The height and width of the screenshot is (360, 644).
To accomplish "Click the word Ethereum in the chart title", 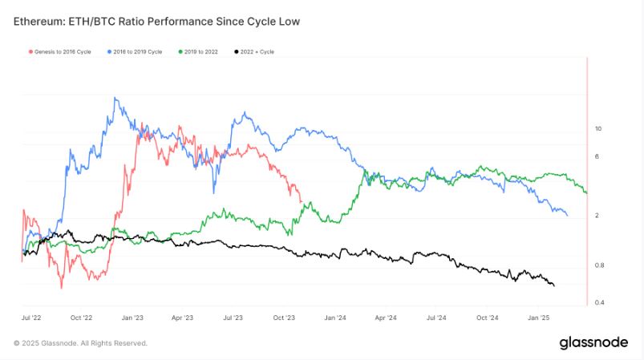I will coord(41,22).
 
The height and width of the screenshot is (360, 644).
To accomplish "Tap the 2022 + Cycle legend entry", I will coord(255,51).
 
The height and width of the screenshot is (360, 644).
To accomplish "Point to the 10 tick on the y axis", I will coord(597,128).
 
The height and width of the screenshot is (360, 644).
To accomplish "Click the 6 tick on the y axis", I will coord(596,156).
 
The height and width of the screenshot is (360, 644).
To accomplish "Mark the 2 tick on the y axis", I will coord(596,216).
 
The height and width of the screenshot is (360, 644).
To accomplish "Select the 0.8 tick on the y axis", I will coord(597,265).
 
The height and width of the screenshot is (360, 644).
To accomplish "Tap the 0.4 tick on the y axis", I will coord(597,302).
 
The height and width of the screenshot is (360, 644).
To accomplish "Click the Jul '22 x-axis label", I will coord(32,318).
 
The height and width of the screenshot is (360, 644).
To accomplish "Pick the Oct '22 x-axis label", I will coord(82,318).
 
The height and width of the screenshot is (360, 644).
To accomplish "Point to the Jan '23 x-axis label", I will coord(132,318).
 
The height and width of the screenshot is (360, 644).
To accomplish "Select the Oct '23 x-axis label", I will coord(285,318).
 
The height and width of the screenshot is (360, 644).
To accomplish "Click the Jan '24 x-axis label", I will coord(335,318).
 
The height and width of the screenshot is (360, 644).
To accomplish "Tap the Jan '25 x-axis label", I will coord(539,318).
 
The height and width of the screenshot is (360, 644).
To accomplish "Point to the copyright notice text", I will coord(80,343).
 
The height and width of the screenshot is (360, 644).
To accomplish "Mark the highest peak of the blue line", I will coord(116,99).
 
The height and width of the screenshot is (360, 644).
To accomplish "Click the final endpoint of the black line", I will coord(553,285).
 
